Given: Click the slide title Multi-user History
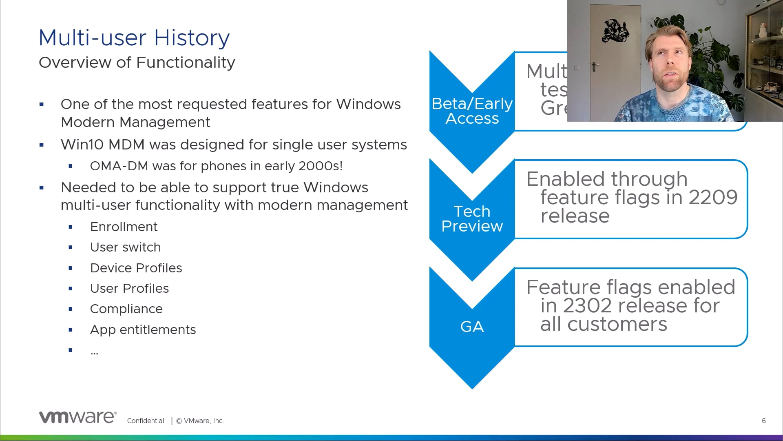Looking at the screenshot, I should [134, 38].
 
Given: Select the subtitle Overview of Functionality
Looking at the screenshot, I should [137, 62].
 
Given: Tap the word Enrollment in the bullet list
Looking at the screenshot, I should [124, 227].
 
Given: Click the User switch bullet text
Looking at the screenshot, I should [125, 247].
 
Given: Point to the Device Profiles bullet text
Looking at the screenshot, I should [136, 268].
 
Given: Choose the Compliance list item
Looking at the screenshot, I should [126, 309].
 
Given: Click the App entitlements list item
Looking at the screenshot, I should [143, 330].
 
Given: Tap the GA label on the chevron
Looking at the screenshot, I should [472, 327].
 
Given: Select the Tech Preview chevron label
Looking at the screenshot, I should [472, 219].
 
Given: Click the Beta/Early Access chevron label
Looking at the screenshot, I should [472, 111].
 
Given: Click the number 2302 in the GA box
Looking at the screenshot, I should [587, 306].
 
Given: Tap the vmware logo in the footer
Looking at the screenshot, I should [77, 417].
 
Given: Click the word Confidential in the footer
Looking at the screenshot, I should [145, 421].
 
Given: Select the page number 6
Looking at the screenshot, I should [763, 421].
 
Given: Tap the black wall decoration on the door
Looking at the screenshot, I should [615, 31].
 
